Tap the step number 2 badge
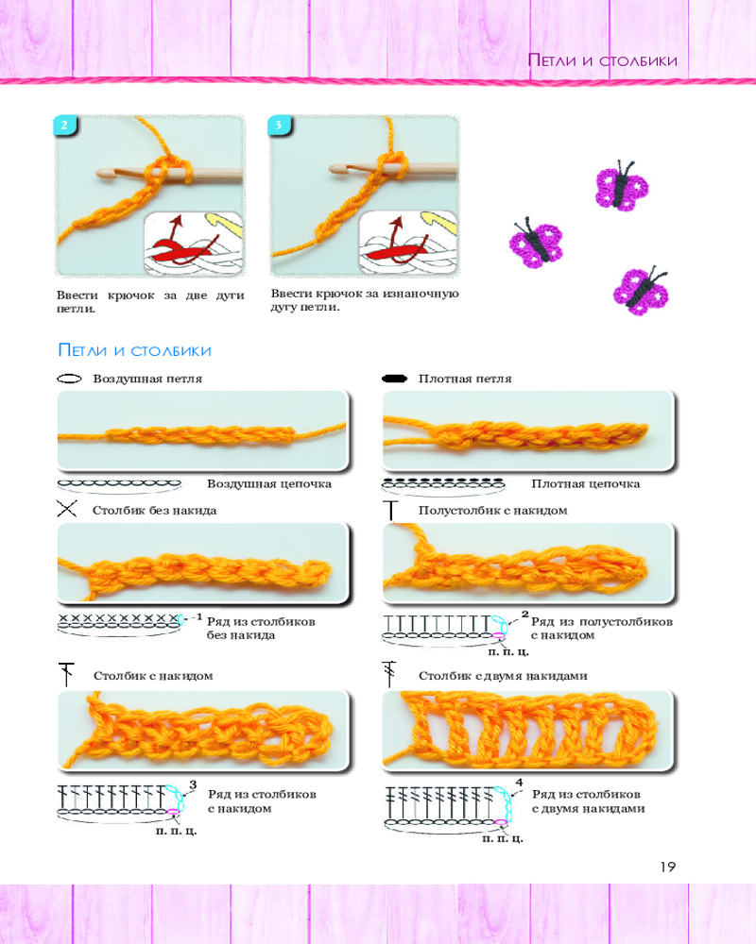(x=64, y=126)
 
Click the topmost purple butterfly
(x=621, y=185)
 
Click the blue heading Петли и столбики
(x=134, y=351)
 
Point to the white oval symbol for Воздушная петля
(x=68, y=379)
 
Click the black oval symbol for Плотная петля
(x=394, y=379)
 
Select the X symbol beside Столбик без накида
(x=67, y=511)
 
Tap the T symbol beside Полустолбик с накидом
(x=393, y=511)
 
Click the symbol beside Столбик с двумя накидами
(x=391, y=675)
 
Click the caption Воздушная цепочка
(x=269, y=484)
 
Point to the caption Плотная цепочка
(x=586, y=484)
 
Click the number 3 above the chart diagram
(x=193, y=784)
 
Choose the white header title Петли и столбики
(x=602, y=60)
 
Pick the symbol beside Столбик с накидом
(x=66, y=675)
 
